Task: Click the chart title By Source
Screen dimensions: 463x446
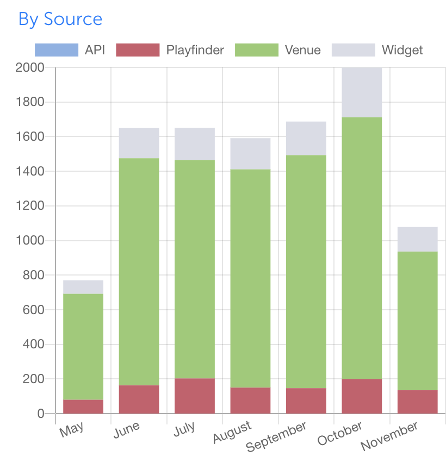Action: pos(60,19)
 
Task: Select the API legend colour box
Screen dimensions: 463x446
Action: pos(56,51)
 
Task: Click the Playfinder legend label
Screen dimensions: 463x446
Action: pos(195,51)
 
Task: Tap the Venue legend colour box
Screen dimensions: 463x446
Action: pos(256,51)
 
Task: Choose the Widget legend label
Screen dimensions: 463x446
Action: pos(402,51)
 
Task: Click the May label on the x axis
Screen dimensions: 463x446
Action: pos(72,429)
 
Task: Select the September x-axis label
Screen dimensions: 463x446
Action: pos(276,436)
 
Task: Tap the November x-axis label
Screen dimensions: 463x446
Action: pos(390,436)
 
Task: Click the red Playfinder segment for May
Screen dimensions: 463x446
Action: pos(83,406)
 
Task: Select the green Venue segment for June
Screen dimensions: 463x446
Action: pos(139,272)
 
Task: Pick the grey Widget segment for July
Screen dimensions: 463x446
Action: pos(195,144)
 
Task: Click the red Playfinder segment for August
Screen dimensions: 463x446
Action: pos(250,401)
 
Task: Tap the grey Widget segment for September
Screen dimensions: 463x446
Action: pos(306,139)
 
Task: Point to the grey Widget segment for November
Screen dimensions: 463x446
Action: pos(417,239)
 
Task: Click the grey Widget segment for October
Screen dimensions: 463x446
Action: pos(362,92)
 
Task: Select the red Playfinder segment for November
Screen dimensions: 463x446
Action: pos(417,402)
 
